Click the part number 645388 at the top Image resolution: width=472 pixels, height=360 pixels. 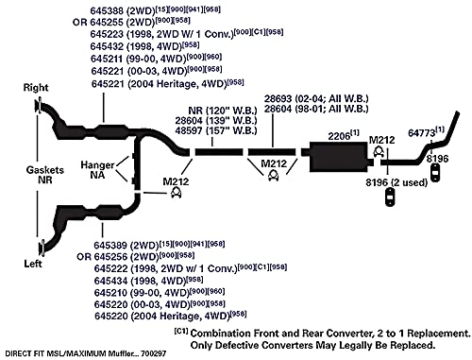coord(107,10)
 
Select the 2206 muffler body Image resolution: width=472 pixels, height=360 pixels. coord(339,157)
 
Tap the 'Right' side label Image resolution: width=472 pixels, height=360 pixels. coord(36,87)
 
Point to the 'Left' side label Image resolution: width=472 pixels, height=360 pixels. coord(33,264)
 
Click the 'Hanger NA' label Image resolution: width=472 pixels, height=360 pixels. coord(97,169)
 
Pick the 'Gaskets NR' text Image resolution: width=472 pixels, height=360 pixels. coord(44,175)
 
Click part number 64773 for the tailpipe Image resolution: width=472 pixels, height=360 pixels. coord(421,132)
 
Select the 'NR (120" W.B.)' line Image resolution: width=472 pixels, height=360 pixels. coord(223,111)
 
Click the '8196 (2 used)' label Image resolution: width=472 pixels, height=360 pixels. coord(396,182)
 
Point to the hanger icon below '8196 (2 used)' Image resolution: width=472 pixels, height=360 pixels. coord(390,197)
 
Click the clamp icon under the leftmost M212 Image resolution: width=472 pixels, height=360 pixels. coord(176,193)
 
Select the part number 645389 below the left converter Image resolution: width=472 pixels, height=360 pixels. coord(110,245)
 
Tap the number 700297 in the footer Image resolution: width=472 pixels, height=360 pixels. coord(153,353)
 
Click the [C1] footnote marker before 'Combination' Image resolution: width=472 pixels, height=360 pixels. coord(181,331)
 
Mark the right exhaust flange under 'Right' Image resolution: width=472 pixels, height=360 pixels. coord(39,106)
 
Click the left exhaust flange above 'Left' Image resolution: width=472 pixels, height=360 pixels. coord(42,248)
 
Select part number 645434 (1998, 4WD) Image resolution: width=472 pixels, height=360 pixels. coord(110,281)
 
